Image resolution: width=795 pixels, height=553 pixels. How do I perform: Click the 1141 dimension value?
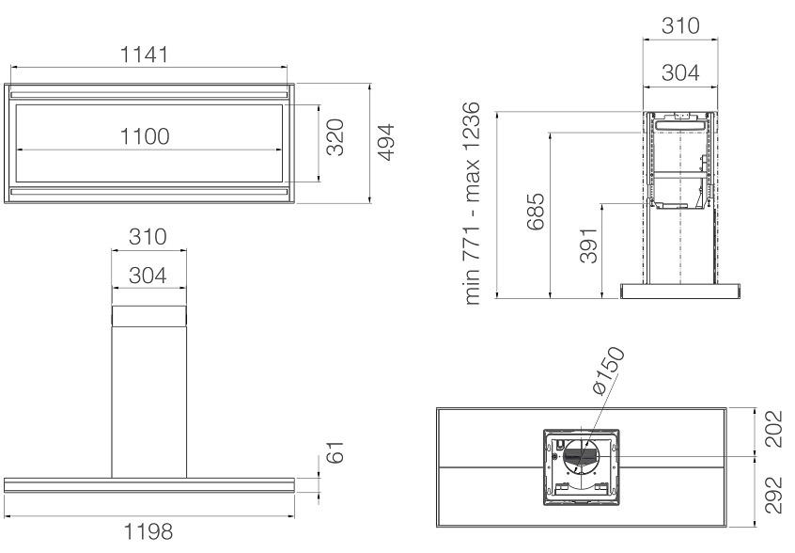pos(144,55)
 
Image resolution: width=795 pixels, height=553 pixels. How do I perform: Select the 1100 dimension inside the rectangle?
pos(145,136)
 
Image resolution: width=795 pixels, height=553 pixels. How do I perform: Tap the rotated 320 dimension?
pos(335,137)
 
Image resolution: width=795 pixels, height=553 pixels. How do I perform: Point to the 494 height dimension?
pos(385,142)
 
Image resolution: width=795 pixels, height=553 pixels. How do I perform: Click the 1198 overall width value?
pos(148,531)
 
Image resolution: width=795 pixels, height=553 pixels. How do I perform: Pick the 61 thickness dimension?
pos(335,452)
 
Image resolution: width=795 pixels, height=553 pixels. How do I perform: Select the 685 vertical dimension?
pos(536,212)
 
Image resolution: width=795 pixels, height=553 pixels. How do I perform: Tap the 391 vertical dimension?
pos(589,245)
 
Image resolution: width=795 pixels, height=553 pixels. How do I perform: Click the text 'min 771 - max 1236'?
pos(472,203)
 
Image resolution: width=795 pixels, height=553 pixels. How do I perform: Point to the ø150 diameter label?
pos(608,371)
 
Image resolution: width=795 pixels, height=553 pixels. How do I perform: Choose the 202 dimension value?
pos(774,429)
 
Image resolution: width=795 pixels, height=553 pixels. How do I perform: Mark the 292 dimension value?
pos(774,495)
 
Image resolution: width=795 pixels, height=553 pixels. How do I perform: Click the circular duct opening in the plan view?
pos(581,457)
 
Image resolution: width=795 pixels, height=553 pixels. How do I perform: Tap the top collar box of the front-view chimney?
pos(149,316)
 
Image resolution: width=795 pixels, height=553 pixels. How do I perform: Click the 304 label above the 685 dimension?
pos(680,73)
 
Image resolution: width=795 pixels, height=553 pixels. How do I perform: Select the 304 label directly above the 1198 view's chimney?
pos(148,276)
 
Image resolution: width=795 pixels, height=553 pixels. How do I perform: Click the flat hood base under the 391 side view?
pos(680,291)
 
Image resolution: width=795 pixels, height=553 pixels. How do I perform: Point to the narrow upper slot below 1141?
pos(149,95)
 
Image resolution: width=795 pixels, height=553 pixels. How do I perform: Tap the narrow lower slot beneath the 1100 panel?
pos(149,192)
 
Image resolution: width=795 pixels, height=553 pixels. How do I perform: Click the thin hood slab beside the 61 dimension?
pos(149,485)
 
